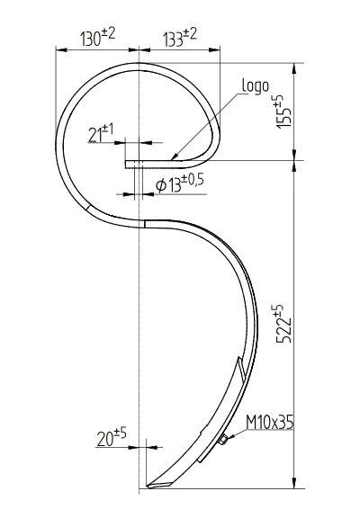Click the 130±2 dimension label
pyautogui.click(x=98, y=37)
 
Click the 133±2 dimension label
pyautogui.click(x=180, y=37)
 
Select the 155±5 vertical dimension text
pyautogui.click(x=284, y=112)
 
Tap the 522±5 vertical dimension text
pyautogui.click(x=284, y=324)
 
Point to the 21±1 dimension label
pyautogui.click(x=101, y=133)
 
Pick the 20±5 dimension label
pyautogui.click(x=112, y=437)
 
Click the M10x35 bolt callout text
pyautogui.click(x=270, y=423)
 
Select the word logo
pyautogui.click(x=256, y=86)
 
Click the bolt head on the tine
pyautogui.click(x=222, y=439)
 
